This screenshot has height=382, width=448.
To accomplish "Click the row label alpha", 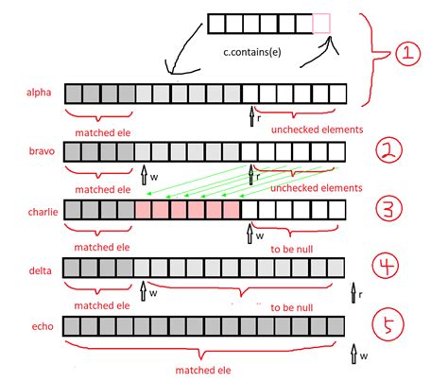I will [41, 93].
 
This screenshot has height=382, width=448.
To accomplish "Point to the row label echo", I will [41, 327].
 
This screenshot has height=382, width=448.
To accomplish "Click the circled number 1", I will [405, 54].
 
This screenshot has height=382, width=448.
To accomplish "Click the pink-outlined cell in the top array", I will [322, 24].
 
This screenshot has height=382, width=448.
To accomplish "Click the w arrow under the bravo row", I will [143, 174].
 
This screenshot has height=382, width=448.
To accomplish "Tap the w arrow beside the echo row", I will [354, 353].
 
